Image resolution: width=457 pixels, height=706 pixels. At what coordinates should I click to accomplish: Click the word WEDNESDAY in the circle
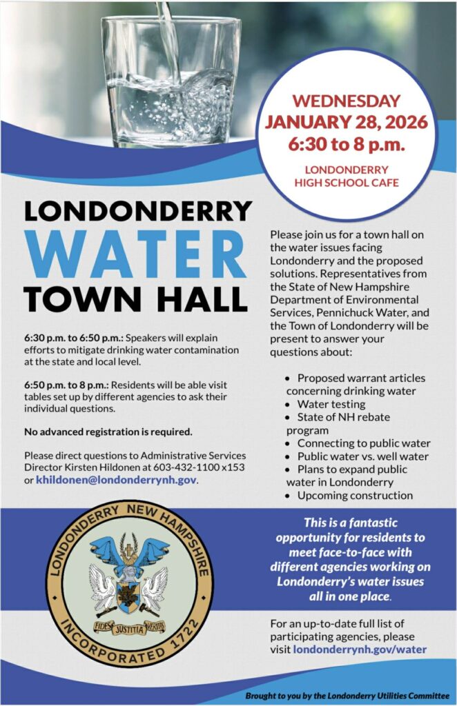pyautogui.click(x=350, y=101)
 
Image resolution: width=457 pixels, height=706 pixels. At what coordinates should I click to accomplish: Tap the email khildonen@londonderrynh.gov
pyautogui.click(x=117, y=480)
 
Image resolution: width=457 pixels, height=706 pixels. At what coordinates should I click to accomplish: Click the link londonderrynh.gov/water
pyautogui.click(x=360, y=649)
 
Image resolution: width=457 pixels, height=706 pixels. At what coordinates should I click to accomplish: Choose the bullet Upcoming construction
pyautogui.click(x=355, y=495)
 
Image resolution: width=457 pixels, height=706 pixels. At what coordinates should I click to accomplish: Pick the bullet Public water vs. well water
pyautogui.click(x=362, y=456)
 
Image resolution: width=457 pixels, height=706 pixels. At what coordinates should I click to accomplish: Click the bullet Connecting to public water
pyautogui.click(x=364, y=443)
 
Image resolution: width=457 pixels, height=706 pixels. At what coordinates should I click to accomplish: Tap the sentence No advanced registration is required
pyautogui.click(x=108, y=432)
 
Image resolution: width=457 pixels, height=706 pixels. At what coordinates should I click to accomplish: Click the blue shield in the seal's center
pyautogui.click(x=129, y=594)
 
